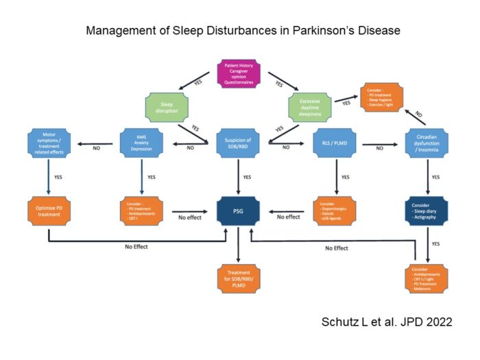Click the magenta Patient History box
[x=240, y=73]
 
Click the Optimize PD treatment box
[x=49, y=212]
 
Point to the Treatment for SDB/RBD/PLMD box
[x=237, y=279]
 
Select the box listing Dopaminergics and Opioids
[x=335, y=212]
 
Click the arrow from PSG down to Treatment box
[x=237, y=246]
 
